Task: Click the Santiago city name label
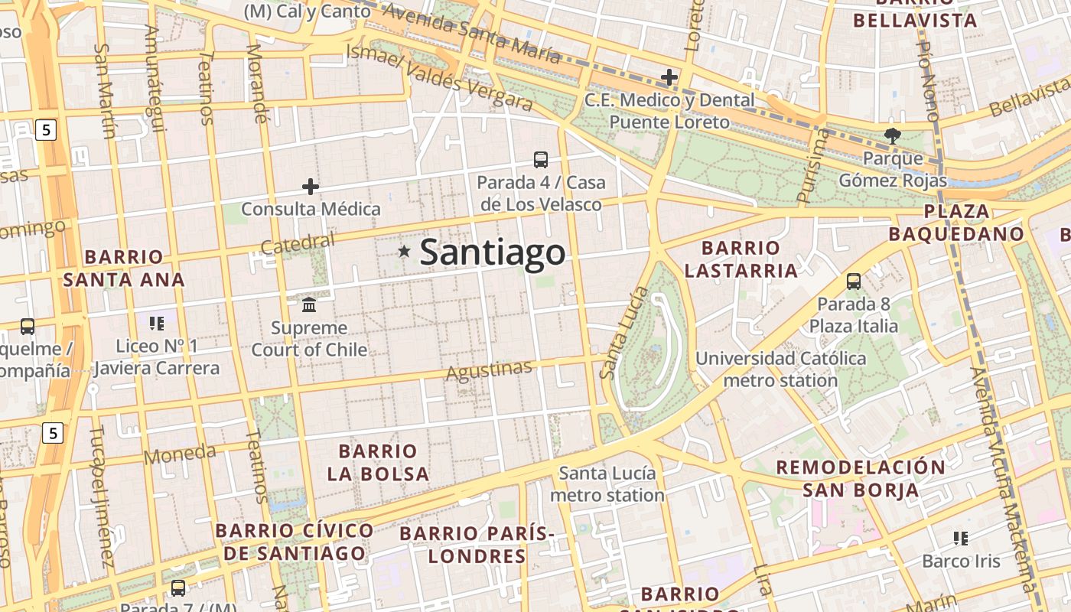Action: pos(493,252)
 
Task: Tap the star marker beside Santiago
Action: pos(404,251)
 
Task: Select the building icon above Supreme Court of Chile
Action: pos(309,304)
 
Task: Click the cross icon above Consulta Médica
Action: pos(311,186)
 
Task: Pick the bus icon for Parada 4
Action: pos(540,159)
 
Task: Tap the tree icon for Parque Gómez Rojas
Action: pos(892,136)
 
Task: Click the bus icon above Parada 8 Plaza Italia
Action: pos(854,281)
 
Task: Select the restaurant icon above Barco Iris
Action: pos(961,538)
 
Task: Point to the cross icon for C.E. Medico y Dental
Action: pos(669,76)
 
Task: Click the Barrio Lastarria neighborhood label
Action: pos(741,259)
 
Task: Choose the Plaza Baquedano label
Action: pos(956,223)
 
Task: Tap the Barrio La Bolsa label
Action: pos(378,462)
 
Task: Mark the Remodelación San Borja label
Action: pos(861,478)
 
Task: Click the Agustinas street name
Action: pos(489,371)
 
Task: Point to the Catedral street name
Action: pos(298,244)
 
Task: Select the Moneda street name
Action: pos(180,454)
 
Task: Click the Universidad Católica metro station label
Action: pos(780,369)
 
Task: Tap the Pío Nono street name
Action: pos(928,81)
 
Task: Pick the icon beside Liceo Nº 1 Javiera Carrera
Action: pos(157,323)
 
